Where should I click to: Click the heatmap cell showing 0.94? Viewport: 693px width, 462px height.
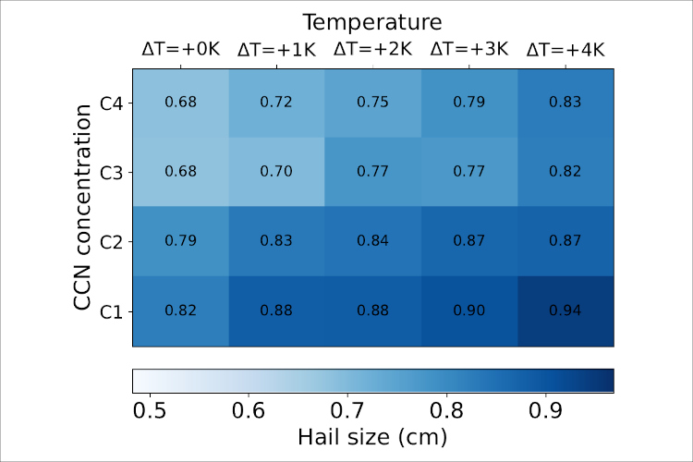[565, 310]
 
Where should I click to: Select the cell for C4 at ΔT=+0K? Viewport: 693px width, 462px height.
[181, 102]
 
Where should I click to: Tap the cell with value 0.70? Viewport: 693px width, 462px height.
[277, 171]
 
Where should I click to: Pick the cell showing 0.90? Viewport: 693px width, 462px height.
[469, 310]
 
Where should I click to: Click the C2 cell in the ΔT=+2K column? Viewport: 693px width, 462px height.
[373, 241]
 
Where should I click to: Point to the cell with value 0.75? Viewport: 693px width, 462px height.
[373, 102]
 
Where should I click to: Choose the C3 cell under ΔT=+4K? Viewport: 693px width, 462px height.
[565, 171]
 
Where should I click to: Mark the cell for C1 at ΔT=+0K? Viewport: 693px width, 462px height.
[181, 310]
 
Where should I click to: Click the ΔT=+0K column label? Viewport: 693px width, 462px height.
[181, 50]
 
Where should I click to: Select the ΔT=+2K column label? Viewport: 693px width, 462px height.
[373, 50]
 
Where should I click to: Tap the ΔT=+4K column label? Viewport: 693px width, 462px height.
[565, 50]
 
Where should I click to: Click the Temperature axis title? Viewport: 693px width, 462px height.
[373, 21]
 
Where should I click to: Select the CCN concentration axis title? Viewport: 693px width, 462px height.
[85, 207]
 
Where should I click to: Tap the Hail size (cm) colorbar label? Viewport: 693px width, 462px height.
[373, 437]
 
